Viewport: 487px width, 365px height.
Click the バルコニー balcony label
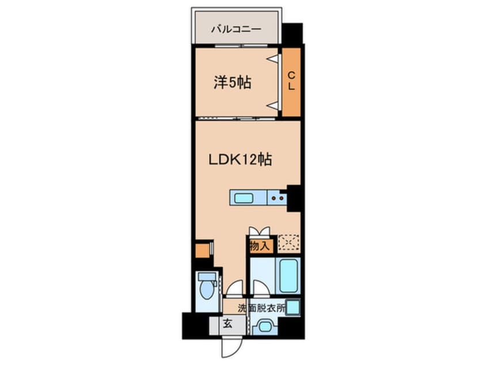coord(236,28)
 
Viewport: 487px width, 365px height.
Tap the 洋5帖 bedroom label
coord(233,82)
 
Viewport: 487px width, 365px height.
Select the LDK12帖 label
coord(240,159)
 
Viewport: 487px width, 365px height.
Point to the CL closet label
coord(291,81)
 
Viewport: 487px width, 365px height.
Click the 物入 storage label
coord(260,246)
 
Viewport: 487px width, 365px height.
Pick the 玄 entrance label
coord(227,324)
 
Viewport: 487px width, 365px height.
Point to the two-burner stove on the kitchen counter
coord(277,199)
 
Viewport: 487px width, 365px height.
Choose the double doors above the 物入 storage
coord(259,231)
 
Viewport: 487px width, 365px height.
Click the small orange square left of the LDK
coord(202,251)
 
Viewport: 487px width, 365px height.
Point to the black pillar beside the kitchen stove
coord(295,198)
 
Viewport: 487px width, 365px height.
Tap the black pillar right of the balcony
coord(292,34)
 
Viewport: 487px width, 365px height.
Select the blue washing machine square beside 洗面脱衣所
coord(292,307)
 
